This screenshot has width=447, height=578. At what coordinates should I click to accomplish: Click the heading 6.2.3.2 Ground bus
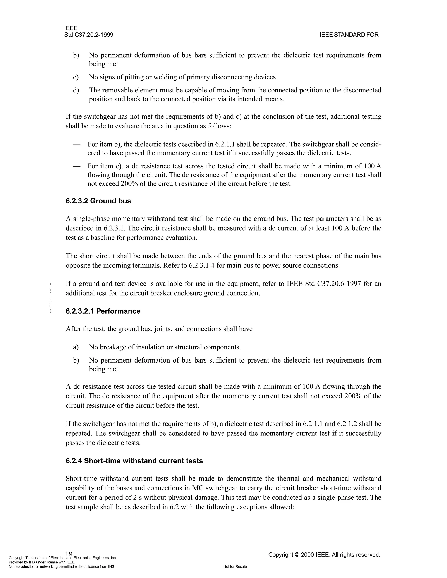[98, 201]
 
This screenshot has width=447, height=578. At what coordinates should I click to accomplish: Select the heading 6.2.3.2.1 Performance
[103, 311]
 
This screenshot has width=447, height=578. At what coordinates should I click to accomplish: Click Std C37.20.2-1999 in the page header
[89, 35]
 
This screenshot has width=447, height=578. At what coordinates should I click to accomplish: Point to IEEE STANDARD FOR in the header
[349, 35]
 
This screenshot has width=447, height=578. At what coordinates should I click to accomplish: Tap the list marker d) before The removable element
[76, 91]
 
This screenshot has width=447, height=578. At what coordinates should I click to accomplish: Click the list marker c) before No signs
[76, 77]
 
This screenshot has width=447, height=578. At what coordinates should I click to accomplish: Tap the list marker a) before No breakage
[76, 347]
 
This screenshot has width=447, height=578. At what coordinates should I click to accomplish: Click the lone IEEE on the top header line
[71, 28]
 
